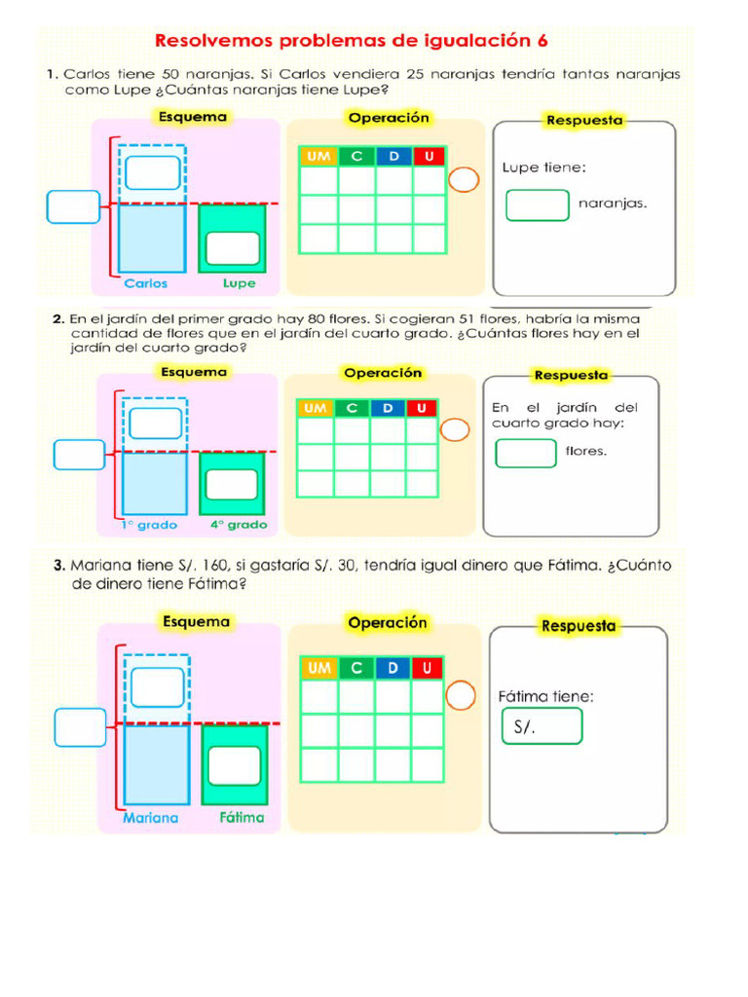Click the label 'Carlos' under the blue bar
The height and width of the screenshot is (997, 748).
pyautogui.click(x=146, y=283)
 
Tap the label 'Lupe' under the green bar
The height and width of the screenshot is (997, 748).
pyautogui.click(x=239, y=283)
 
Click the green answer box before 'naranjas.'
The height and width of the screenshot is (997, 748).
pyautogui.click(x=537, y=204)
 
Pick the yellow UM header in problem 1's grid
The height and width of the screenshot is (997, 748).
pyautogui.click(x=318, y=157)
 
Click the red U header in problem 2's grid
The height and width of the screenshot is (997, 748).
pyautogui.click(x=422, y=407)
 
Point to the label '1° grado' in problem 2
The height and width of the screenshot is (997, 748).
pyautogui.click(x=150, y=525)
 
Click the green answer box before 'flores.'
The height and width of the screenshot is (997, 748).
pyautogui.click(x=526, y=453)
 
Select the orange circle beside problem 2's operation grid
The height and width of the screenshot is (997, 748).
pyautogui.click(x=455, y=430)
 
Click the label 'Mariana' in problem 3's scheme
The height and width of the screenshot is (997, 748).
pyautogui.click(x=151, y=818)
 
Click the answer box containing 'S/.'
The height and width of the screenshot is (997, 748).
pyautogui.click(x=542, y=726)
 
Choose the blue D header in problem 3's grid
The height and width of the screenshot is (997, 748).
pyautogui.click(x=393, y=668)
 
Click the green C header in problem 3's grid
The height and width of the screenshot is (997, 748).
pyautogui.click(x=356, y=668)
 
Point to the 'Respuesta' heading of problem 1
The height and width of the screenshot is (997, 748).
pyautogui.click(x=584, y=121)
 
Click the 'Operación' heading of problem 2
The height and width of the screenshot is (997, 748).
pyautogui.click(x=383, y=373)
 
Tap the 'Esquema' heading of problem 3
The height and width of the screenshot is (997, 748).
pyautogui.click(x=197, y=621)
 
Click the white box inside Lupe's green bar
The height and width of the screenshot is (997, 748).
pyautogui.click(x=233, y=248)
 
